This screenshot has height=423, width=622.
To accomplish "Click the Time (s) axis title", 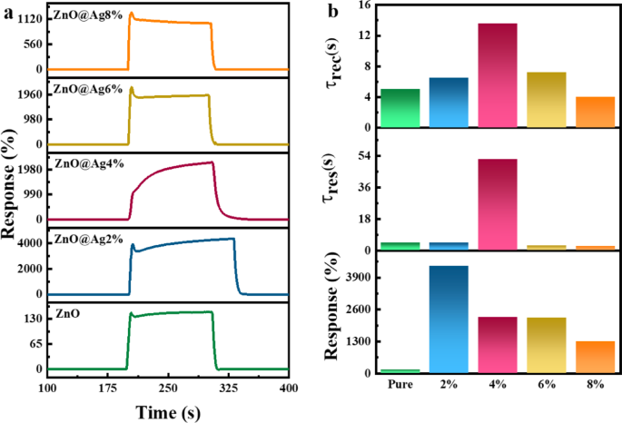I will tap(168, 411).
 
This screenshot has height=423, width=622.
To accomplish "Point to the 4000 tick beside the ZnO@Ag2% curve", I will tap(29, 243).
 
